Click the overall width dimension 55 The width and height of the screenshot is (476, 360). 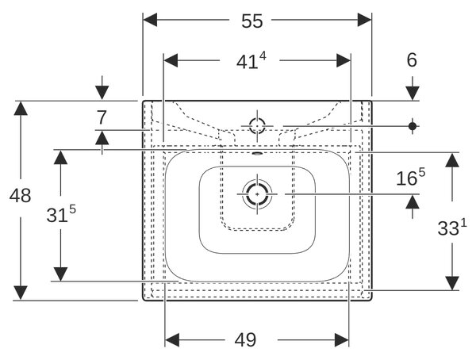click(x=252, y=21)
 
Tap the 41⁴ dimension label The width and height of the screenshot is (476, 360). click(x=251, y=61)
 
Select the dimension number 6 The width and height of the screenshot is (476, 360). click(x=412, y=60)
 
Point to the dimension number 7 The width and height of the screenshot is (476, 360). click(x=102, y=117)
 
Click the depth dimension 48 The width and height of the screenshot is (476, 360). click(x=20, y=196)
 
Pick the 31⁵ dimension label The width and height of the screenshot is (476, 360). click(x=61, y=213)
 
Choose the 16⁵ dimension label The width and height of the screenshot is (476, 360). click(x=411, y=177)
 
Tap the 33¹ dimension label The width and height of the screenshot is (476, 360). click(x=452, y=227)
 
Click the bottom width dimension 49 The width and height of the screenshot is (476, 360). click(x=245, y=340)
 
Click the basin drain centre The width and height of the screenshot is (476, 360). click(x=257, y=194)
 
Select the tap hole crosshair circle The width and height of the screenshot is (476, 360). click(x=257, y=125)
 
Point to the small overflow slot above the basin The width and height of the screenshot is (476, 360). click(x=257, y=153)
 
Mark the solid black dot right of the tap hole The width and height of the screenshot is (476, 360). click(x=413, y=126)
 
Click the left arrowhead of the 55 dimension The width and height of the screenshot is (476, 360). click(x=150, y=20)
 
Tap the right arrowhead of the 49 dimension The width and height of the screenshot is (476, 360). click(x=342, y=340)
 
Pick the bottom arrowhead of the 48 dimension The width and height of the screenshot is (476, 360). click(x=21, y=293)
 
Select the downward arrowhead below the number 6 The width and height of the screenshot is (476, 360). click(x=413, y=94)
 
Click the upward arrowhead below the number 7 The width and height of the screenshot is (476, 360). click(x=102, y=138)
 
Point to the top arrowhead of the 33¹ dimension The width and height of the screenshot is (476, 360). click(x=452, y=160)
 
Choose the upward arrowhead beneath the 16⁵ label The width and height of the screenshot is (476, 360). click(x=413, y=202)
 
